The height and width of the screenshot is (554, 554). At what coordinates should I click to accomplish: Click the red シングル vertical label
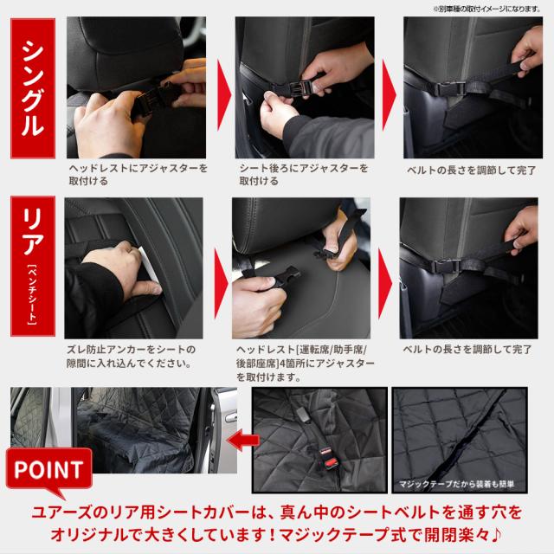coord(33,88)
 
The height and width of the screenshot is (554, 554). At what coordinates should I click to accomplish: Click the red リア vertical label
coord(33,267)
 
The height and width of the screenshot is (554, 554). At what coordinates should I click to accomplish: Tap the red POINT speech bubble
coord(49,470)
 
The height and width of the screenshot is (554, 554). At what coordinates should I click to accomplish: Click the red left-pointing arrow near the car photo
coord(243,440)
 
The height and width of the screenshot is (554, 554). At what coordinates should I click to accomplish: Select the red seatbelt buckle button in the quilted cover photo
coord(327,461)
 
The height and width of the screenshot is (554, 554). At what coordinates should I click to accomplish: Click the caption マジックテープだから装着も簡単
coord(456,484)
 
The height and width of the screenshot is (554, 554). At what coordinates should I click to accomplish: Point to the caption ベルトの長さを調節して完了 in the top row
coord(471,171)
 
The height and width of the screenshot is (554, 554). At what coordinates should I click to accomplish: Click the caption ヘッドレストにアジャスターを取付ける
coord(138,174)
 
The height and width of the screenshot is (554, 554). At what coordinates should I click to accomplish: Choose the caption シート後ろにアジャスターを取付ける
coord(304,174)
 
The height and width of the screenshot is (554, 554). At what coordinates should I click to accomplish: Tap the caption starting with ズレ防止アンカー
coord(131,356)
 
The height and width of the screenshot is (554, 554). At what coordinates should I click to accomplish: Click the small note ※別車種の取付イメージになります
coord(486,10)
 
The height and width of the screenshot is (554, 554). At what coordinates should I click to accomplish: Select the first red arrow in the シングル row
coord(224,94)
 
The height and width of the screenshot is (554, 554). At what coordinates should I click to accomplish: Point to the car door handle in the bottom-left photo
coord(231,418)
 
